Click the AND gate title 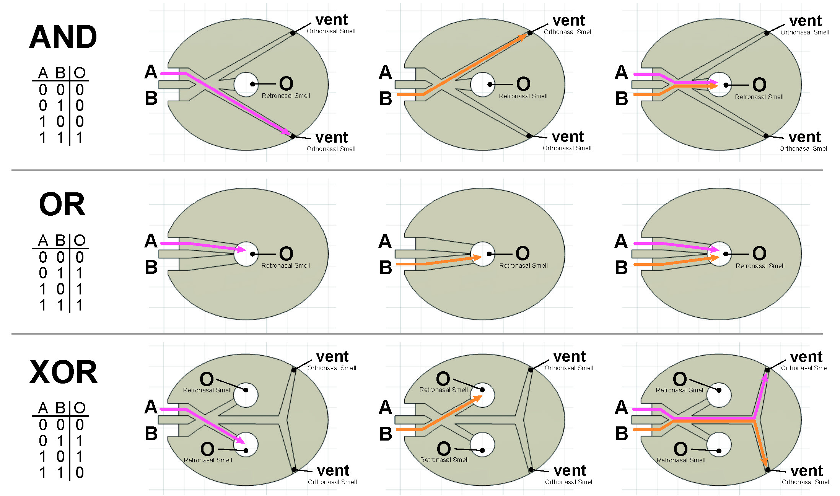[63, 37]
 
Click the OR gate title [62, 204]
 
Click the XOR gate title [63, 372]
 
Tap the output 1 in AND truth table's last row [79, 138]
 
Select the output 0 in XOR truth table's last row [79, 473]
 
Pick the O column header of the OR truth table [80, 241]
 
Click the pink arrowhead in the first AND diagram [286, 132]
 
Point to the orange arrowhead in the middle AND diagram [522, 37]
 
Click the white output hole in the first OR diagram [246, 254]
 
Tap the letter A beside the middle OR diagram [385, 241]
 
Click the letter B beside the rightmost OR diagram [621, 267]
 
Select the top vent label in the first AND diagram [331, 20]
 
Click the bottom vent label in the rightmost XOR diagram [806, 470]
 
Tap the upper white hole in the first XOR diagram [246, 395]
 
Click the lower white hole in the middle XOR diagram [482, 444]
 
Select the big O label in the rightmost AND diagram [759, 85]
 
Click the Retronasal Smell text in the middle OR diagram [523, 265]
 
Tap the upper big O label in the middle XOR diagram [443, 379]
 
